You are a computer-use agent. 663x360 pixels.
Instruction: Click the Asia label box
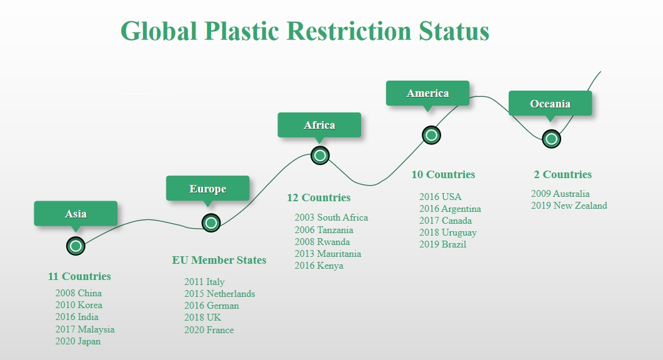pos(76,214)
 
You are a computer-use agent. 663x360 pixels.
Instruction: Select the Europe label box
pos(207,188)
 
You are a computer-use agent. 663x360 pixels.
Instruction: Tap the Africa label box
pos(319,125)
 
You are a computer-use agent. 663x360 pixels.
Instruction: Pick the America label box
pos(427,93)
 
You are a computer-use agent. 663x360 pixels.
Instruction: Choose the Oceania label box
pos(550,103)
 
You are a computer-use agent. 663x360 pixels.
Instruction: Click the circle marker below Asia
pos(76,246)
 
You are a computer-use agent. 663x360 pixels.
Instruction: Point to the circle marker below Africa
pos(320,156)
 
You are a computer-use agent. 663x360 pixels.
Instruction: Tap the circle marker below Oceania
pos(551,139)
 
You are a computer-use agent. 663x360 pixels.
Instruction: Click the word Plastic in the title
pos(241,31)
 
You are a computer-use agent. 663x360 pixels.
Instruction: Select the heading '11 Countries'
pos(79,276)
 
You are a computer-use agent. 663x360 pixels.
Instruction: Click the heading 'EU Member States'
pos(219,260)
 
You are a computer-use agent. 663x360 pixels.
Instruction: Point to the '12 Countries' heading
pos(319,197)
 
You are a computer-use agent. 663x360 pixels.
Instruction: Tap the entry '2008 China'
pos(79,293)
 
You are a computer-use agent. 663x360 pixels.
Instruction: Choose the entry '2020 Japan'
pos(78,341)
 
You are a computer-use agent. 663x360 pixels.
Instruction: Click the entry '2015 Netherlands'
pos(219,294)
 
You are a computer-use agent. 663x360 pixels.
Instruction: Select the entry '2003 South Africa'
pos(331,217)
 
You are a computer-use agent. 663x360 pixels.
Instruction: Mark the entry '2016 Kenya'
pos(319,266)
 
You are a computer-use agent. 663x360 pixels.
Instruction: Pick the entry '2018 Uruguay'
pos(448,232)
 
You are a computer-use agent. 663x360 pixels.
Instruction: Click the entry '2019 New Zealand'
pos(569,206)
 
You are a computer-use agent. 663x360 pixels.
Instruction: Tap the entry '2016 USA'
pos(440,197)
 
